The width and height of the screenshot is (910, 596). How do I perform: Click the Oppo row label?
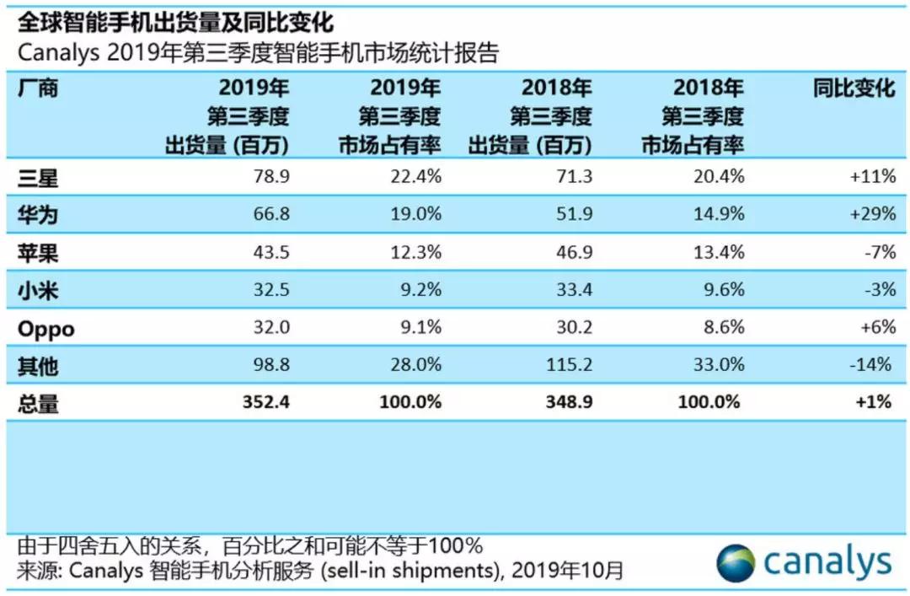point(45,328)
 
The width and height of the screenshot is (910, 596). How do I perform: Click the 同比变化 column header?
point(853,88)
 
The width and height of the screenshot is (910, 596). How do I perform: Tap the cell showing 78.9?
point(270,177)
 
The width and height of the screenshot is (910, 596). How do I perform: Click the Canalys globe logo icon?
point(737,562)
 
